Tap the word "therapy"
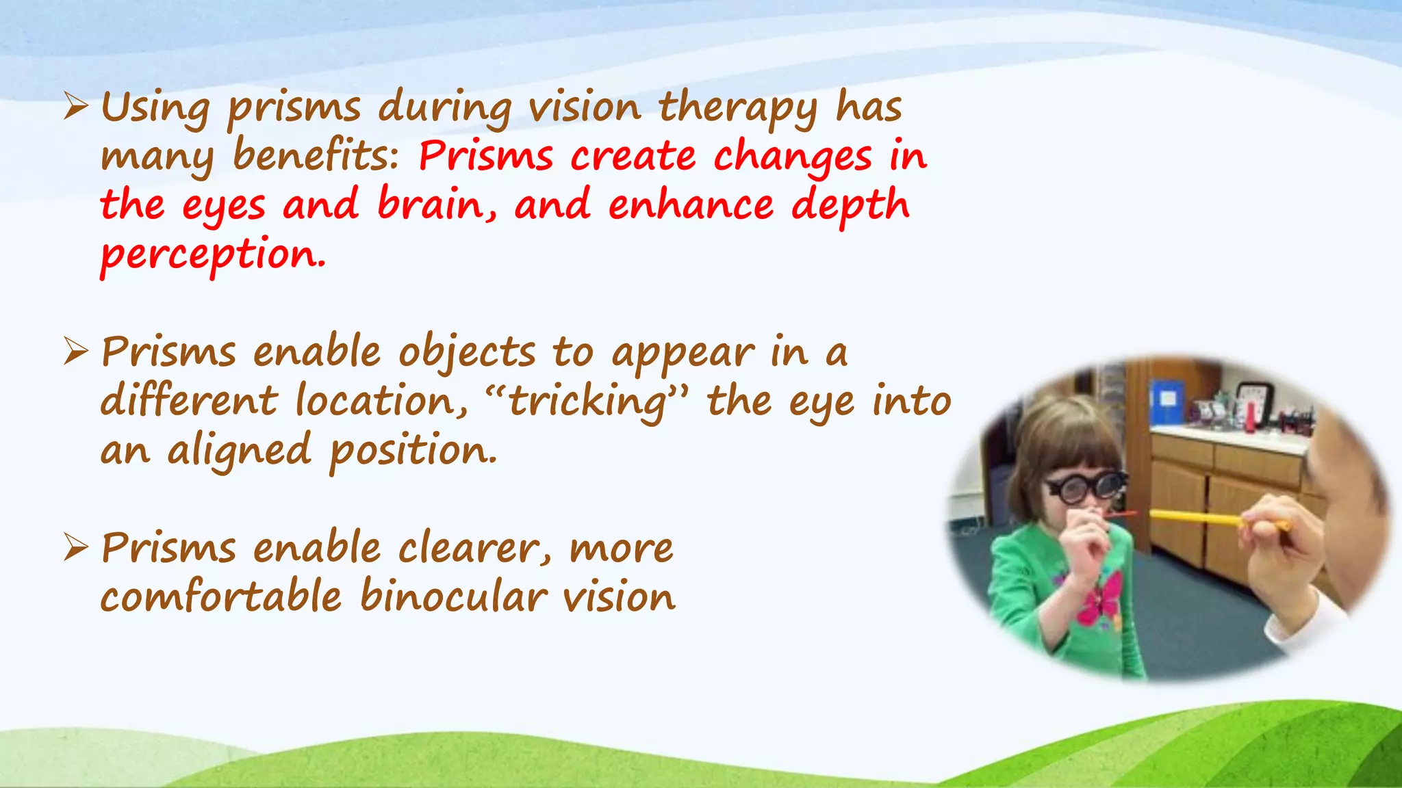738,109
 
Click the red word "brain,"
437,205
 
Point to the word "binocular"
453,596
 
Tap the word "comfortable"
220,596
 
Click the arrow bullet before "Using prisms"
75,107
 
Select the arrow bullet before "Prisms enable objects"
75,352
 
